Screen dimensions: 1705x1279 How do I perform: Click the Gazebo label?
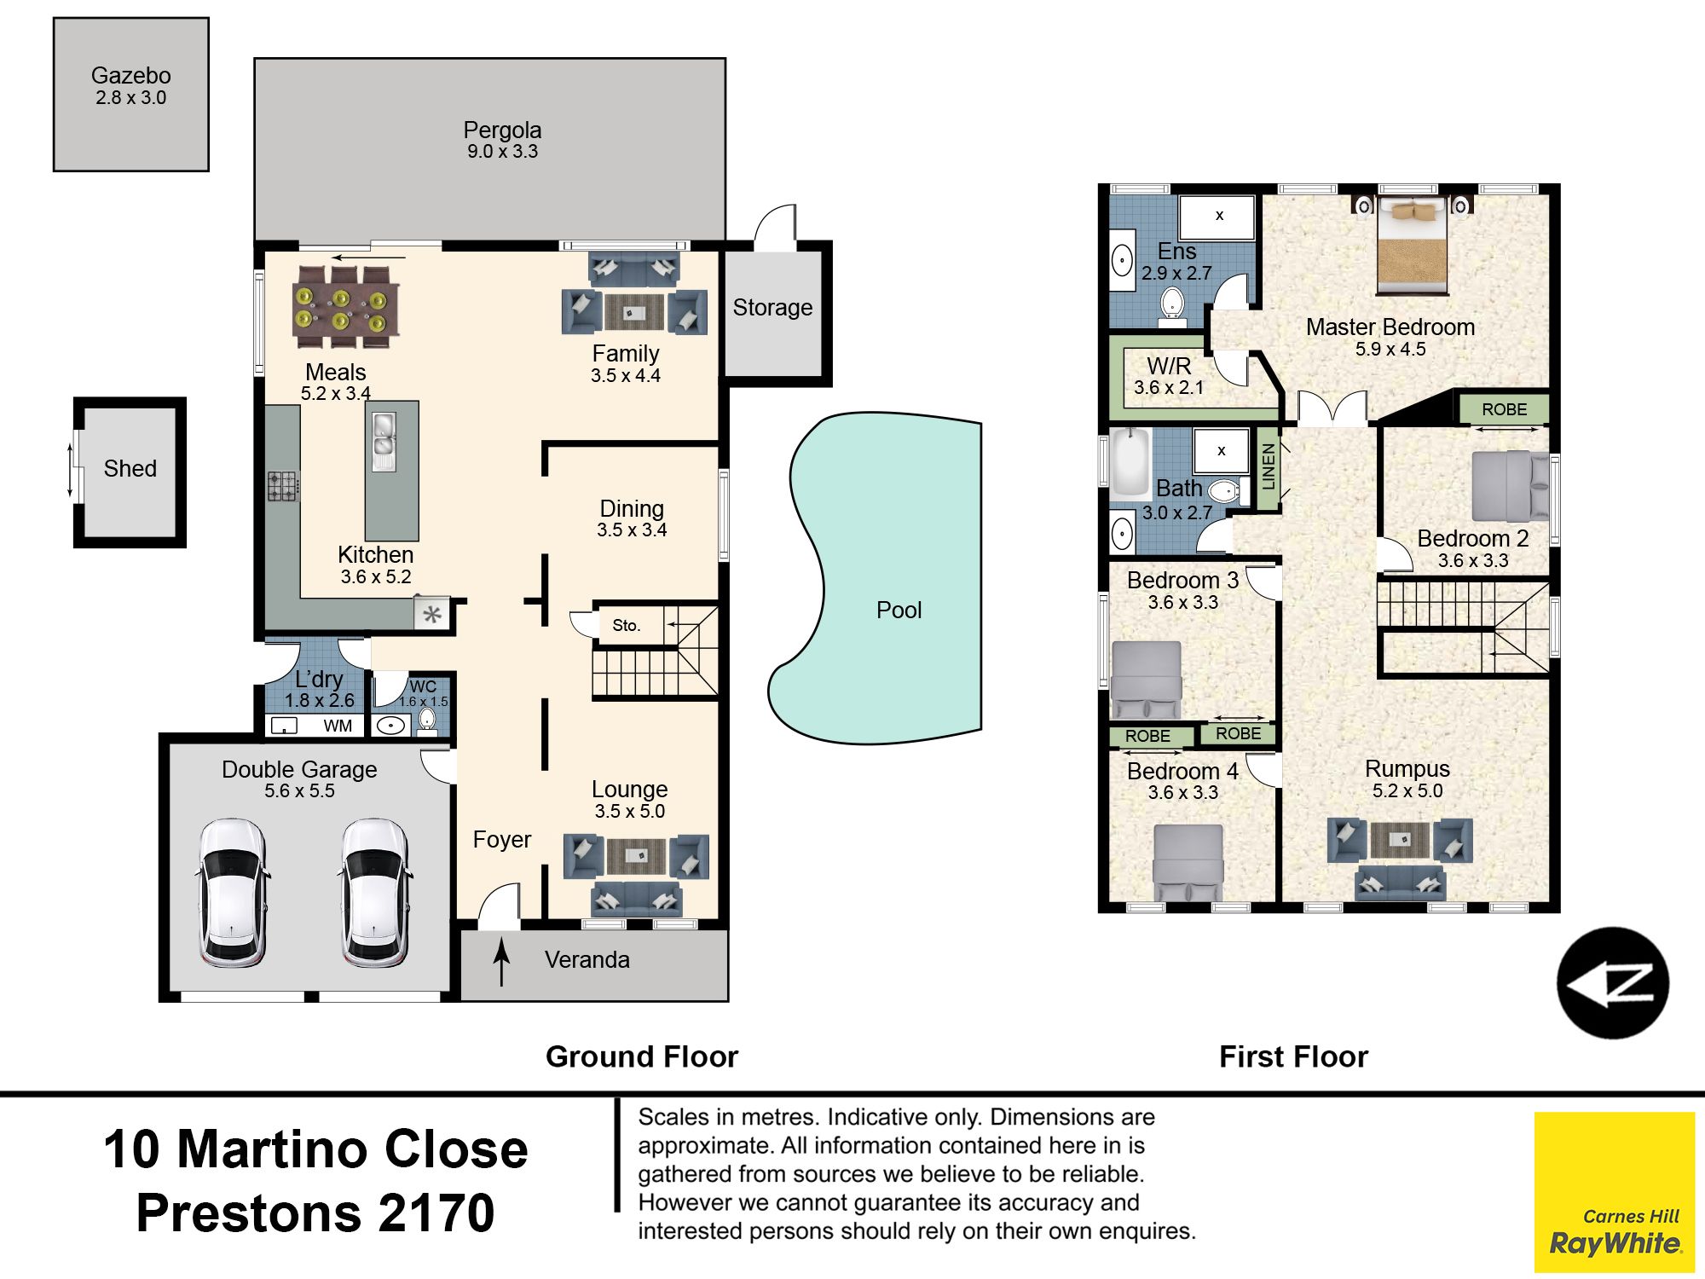[x=130, y=75]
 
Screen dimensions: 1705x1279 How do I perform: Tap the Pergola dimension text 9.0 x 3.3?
[x=502, y=152]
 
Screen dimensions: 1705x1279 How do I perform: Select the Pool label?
[x=899, y=610]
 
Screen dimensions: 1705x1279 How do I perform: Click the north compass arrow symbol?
[x=1613, y=983]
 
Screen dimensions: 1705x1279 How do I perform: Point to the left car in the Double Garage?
[x=232, y=893]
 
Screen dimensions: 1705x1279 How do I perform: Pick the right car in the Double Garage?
[x=375, y=893]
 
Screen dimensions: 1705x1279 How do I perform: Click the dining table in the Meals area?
[x=345, y=307]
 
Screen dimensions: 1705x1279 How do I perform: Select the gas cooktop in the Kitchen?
[x=283, y=487]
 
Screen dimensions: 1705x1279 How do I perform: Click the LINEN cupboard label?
[x=1269, y=467]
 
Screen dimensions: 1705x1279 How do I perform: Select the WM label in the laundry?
[x=338, y=726]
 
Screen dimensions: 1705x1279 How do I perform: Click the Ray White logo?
[x=1614, y=1192]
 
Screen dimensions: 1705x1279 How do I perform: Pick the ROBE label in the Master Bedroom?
[x=1504, y=409]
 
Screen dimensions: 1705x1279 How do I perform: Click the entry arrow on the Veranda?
[x=502, y=962]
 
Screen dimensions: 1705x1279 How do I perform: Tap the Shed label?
[x=130, y=468]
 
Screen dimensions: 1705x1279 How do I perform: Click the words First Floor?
[x=1293, y=1056]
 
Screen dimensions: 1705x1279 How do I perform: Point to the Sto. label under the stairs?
[x=626, y=625]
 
